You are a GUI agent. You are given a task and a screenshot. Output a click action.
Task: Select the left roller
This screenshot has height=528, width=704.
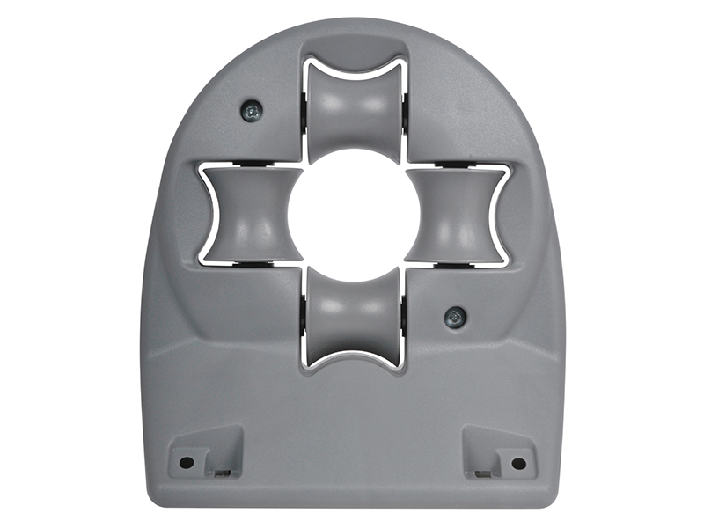[251, 216]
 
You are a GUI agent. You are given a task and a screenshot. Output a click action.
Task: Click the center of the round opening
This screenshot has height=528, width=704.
[354, 215]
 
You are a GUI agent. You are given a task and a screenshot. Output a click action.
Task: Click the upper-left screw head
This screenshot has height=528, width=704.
[252, 111]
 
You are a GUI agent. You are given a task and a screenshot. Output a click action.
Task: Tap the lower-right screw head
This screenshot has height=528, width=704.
[455, 317]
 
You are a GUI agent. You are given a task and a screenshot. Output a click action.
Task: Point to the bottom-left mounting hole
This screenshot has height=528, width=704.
[187, 462]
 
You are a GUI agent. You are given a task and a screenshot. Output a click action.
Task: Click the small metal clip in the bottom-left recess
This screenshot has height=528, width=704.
[222, 472]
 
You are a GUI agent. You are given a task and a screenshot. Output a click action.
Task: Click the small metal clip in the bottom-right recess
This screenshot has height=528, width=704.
[482, 473]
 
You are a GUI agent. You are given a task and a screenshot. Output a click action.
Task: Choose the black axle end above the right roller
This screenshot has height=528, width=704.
[458, 165]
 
